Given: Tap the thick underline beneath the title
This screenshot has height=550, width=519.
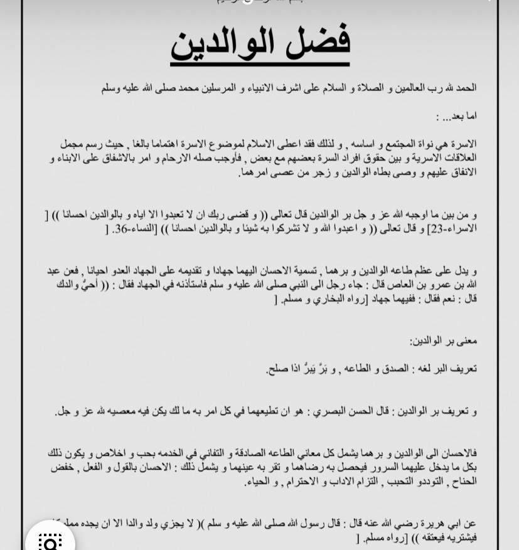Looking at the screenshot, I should [260, 63].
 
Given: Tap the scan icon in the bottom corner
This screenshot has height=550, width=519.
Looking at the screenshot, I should [50, 541].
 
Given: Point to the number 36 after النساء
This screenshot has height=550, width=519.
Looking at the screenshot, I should [121, 229].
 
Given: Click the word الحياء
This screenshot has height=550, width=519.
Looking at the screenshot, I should [252, 482].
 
